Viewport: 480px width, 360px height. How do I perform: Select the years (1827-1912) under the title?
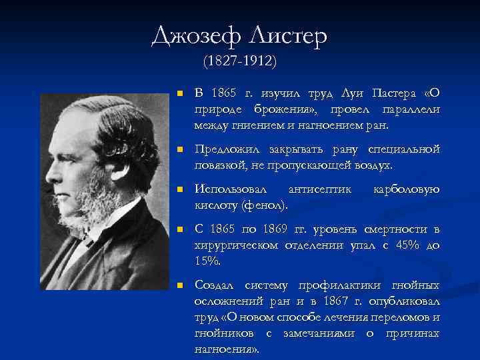(x=240, y=61)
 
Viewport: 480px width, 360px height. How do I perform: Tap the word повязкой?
(x=219, y=164)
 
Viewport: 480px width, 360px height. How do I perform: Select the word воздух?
(x=375, y=164)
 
